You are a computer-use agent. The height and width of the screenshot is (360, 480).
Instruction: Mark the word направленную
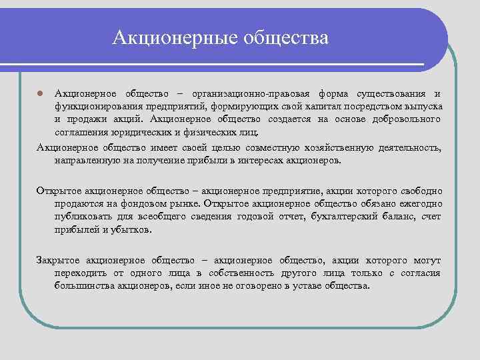[x=85, y=161]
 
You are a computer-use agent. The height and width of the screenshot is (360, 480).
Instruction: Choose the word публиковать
[x=84, y=216]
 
